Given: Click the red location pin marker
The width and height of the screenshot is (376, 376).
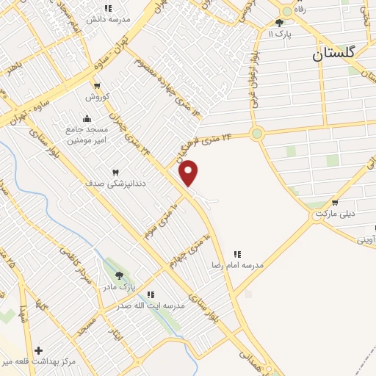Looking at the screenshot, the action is pyautogui.click(x=189, y=173).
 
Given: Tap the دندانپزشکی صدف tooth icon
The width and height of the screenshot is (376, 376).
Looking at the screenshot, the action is pyautogui.click(x=115, y=172).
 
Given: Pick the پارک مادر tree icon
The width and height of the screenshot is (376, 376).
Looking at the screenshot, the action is pyautogui.click(x=120, y=275).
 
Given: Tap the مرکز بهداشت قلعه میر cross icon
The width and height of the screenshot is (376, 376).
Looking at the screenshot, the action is pyautogui.click(x=38, y=351).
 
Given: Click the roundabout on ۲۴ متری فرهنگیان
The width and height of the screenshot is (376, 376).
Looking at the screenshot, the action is pyautogui.click(x=256, y=134).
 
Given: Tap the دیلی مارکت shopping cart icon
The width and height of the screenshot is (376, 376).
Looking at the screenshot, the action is pyautogui.click(x=335, y=203).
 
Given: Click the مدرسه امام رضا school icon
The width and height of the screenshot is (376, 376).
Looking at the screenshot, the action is pyautogui.click(x=237, y=253).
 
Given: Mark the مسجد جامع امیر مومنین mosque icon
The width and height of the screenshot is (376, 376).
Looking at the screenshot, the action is pyautogui.click(x=87, y=118).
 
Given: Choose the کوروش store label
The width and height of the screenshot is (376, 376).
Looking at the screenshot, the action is pyautogui.click(x=97, y=97).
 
